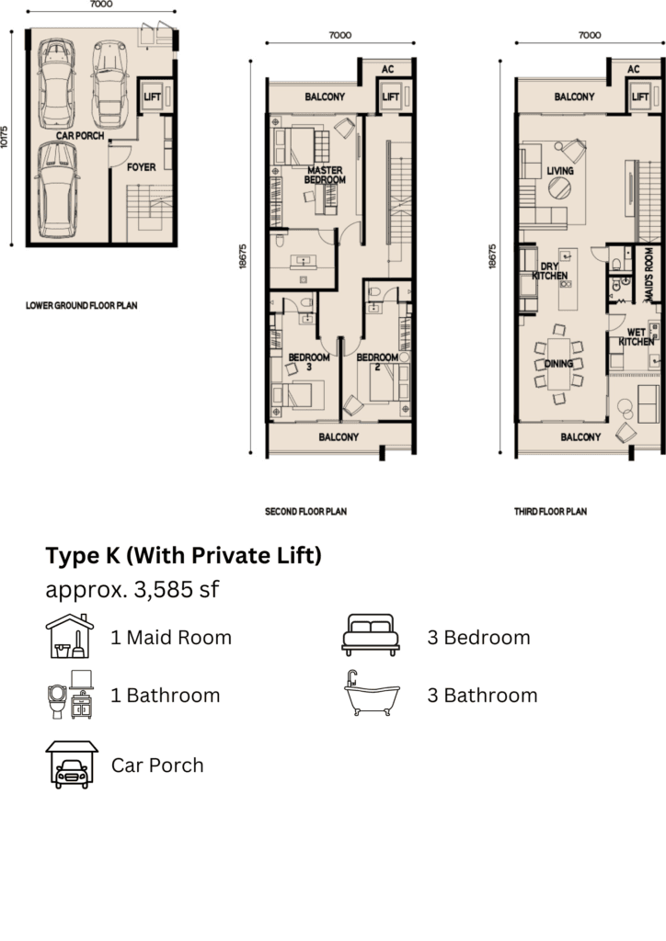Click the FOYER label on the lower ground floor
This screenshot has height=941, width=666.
click(x=141, y=167)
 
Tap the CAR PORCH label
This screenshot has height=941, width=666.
click(x=80, y=136)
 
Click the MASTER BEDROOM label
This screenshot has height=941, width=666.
click(x=325, y=175)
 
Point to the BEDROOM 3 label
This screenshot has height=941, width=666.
click(x=309, y=362)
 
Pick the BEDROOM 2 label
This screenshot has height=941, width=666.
click(x=377, y=362)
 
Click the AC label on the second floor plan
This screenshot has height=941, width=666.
click(x=388, y=70)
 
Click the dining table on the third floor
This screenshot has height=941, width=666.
click(x=558, y=364)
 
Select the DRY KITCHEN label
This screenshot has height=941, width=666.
click(x=549, y=271)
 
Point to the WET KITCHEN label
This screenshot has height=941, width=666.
click(x=636, y=336)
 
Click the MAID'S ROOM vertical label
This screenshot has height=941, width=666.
click(x=649, y=275)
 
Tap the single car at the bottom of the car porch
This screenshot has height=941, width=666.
click(x=57, y=189)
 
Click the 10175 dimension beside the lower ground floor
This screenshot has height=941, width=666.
click(x=5, y=137)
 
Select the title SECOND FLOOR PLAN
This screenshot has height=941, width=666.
click(x=305, y=512)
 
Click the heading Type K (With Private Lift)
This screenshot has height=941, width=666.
click(x=184, y=555)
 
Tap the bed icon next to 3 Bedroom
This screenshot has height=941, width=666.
click(x=371, y=635)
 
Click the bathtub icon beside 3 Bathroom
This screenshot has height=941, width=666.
click(x=372, y=694)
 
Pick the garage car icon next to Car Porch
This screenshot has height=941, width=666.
click(x=72, y=764)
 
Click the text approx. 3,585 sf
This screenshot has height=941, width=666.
click(x=132, y=589)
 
